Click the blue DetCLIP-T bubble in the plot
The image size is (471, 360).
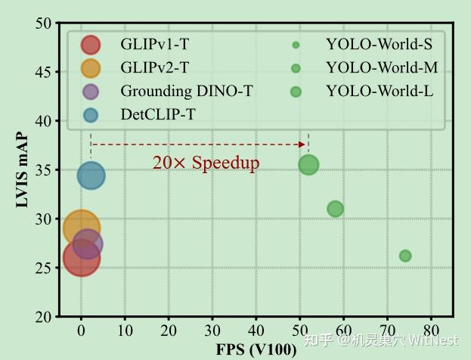91,176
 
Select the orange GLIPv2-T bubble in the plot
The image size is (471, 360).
81,228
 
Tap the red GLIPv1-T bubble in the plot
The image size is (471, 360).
81,258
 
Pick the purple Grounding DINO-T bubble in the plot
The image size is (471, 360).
88,244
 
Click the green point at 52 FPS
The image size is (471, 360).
308,164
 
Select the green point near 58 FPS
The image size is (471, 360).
335,209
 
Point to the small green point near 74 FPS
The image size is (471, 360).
405,256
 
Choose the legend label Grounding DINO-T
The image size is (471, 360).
186,92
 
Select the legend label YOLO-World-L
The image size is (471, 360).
379,92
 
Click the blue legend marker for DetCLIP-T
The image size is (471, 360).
91,115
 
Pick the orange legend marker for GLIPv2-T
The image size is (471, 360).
91,68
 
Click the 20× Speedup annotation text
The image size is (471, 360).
206,163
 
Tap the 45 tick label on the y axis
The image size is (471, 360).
44,72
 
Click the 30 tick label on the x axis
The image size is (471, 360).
212,331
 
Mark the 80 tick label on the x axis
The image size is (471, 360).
431,331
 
